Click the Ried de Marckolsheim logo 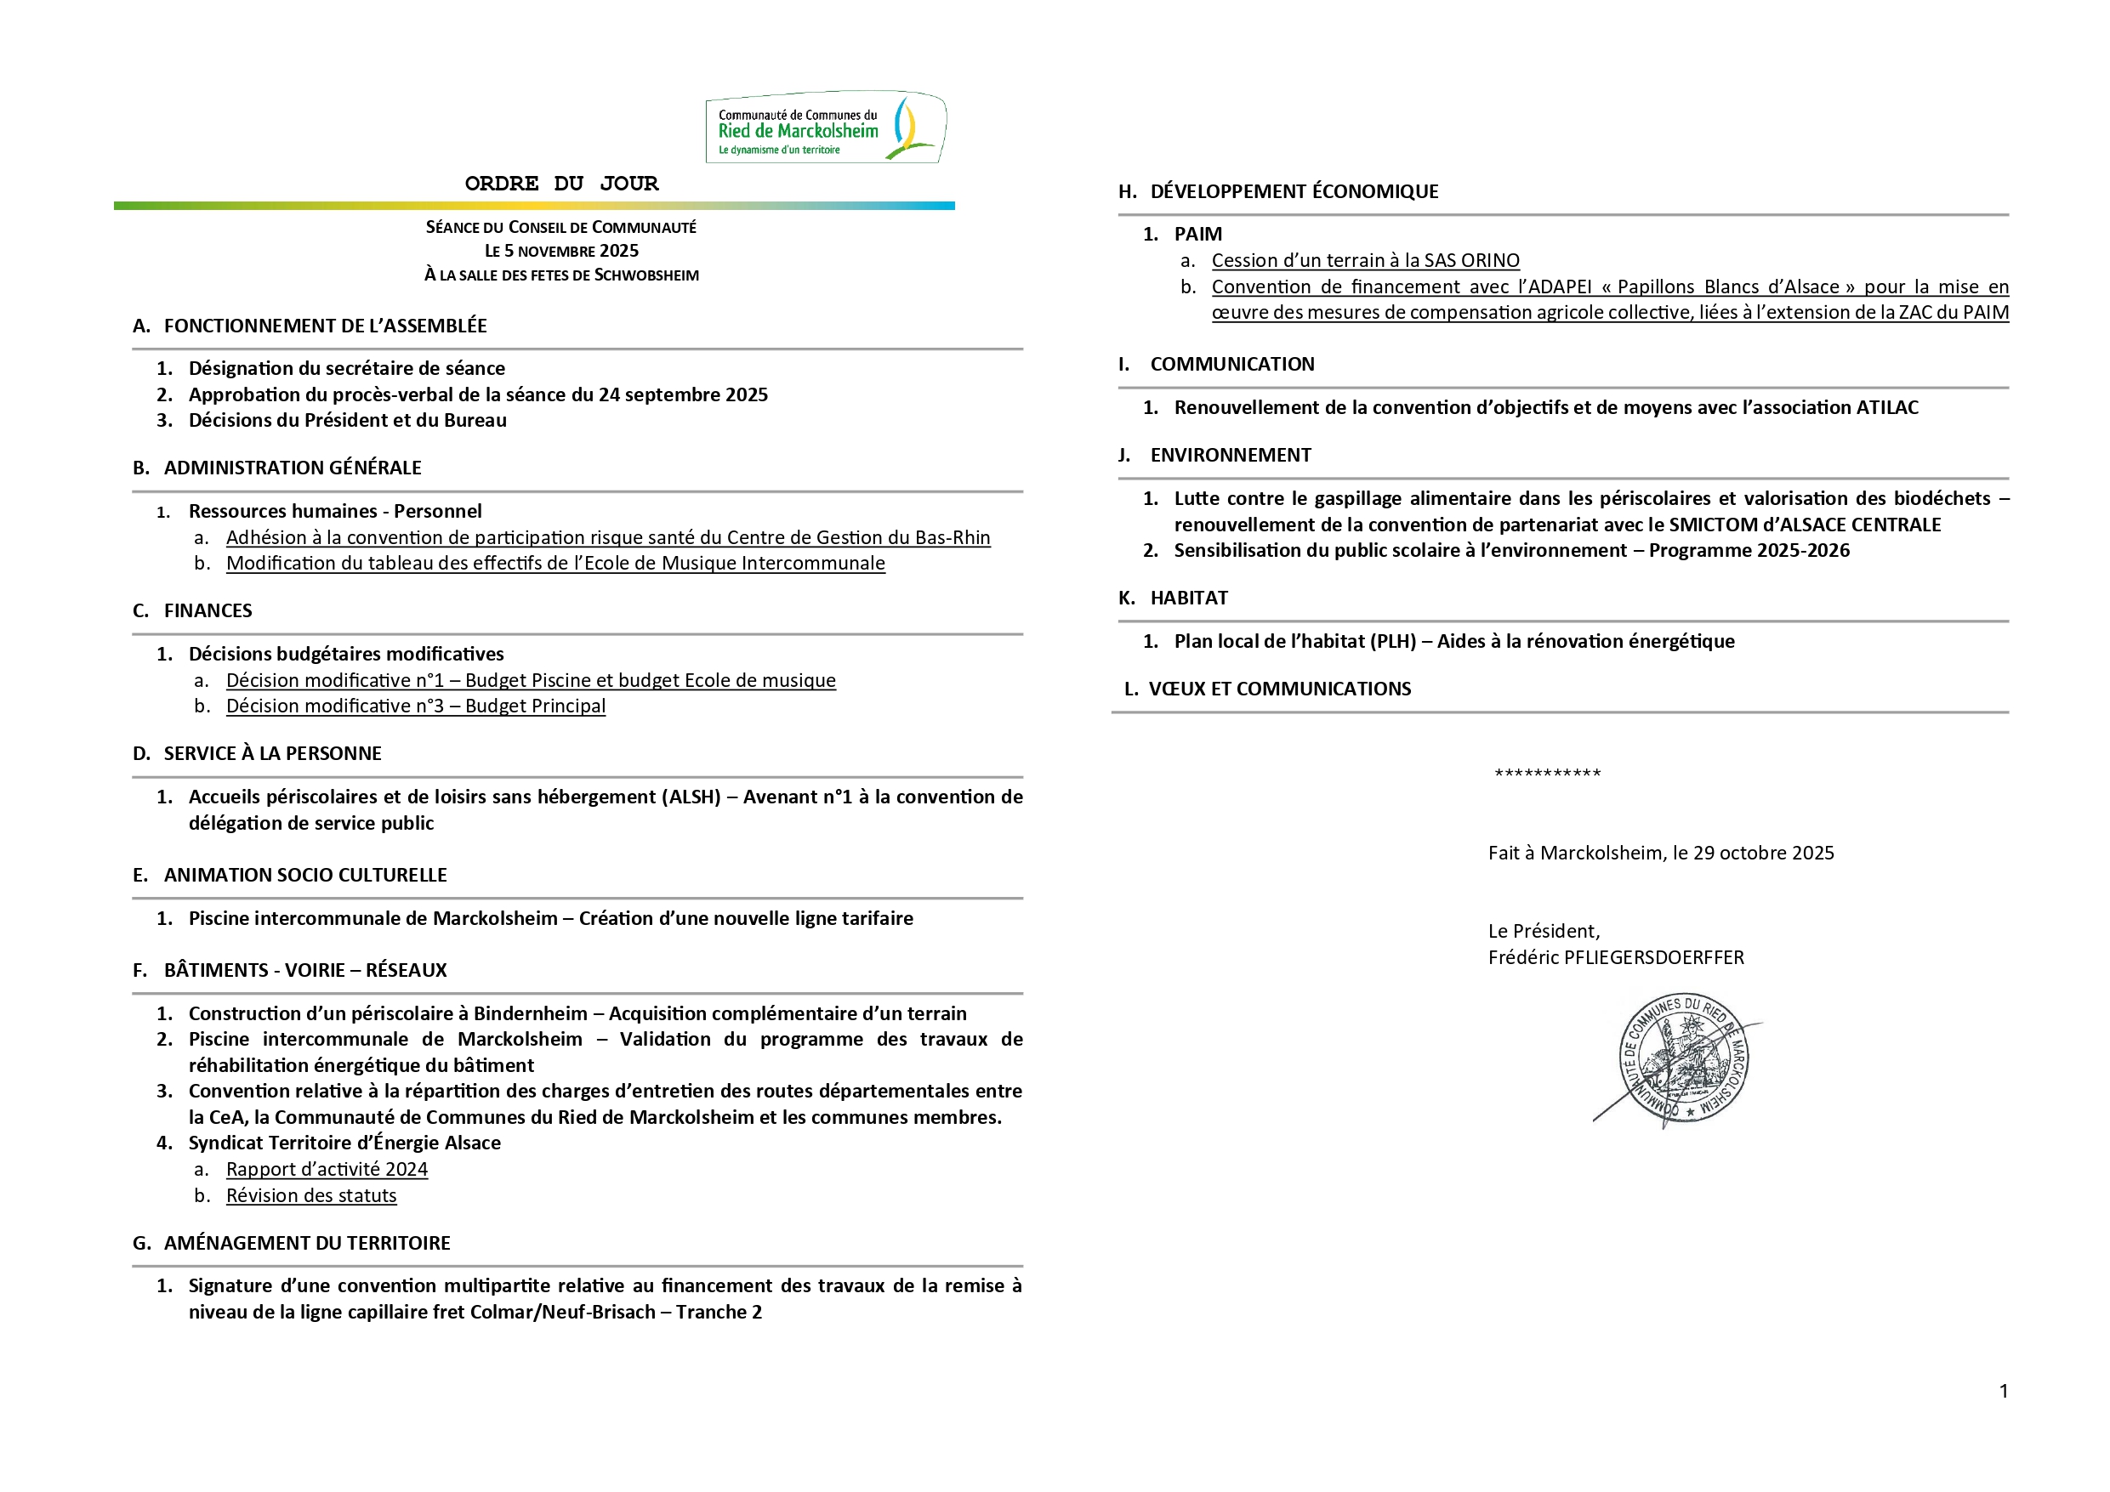coord(825,128)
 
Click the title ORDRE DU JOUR coord(561,184)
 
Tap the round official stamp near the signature coord(1683,1059)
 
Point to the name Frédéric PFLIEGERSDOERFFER coord(1616,957)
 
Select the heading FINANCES coord(208,611)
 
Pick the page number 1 coord(2004,1391)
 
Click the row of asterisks coord(1548,774)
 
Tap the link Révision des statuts coord(311,1195)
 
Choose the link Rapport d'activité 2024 coord(327,1170)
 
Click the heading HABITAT coord(1189,599)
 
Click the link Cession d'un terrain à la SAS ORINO coord(1366,261)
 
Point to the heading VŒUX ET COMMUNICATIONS coord(1279,689)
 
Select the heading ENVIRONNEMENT coord(1231,456)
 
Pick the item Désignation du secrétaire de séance coord(346,368)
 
